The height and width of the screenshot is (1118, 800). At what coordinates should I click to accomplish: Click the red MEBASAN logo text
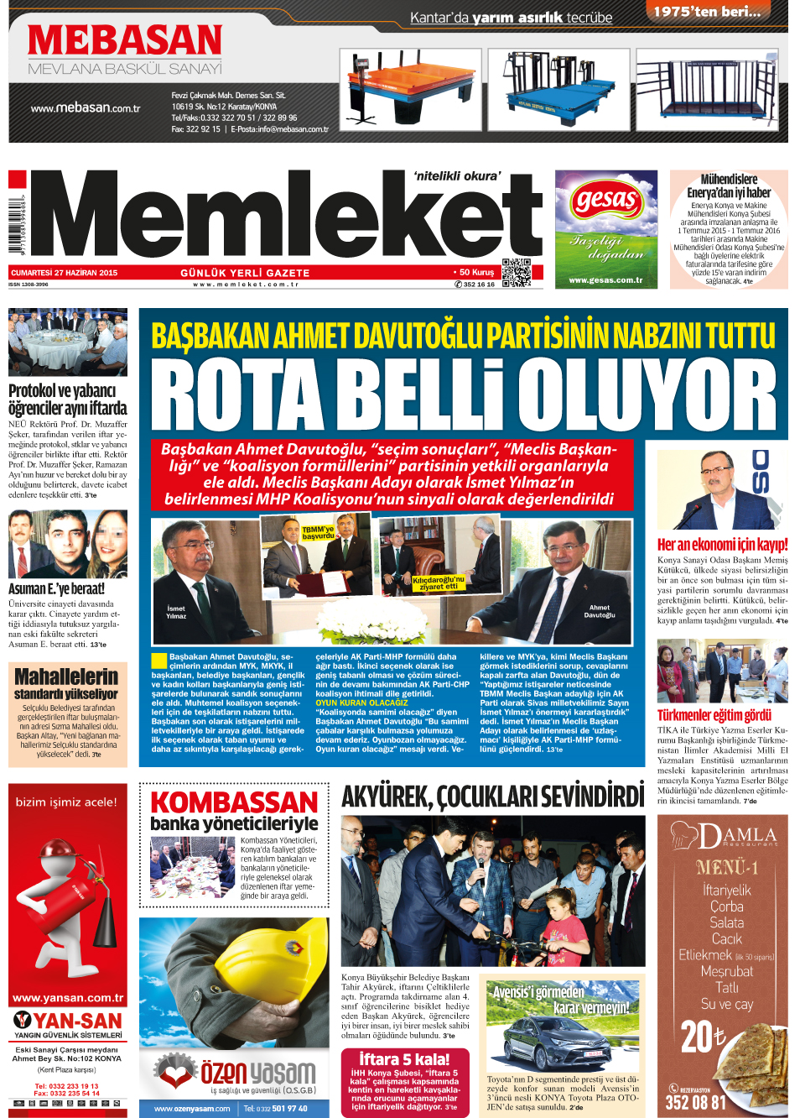pyautogui.click(x=125, y=40)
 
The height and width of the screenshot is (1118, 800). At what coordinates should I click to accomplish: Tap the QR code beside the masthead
pyautogui.click(x=517, y=273)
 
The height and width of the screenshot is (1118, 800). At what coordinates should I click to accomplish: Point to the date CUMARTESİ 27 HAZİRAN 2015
pyautogui.click(x=65, y=273)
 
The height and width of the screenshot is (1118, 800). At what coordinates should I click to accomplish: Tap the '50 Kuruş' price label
pyautogui.click(x=476, y=272)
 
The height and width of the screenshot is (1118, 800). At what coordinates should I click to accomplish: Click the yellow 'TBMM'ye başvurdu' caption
pyautogui.click(x=318, y=532)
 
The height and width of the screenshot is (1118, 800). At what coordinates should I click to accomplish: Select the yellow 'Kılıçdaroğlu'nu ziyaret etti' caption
pyautogui.click(x=439, y=583)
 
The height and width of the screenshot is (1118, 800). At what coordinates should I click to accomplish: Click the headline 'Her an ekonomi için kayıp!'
pyautogui.click(x=722, y=545)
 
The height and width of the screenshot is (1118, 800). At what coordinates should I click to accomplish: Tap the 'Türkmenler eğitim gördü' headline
pyautogui.click(x=714, y=715)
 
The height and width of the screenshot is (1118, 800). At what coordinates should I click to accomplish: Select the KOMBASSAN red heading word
pyautogui.click(x=234, y=802)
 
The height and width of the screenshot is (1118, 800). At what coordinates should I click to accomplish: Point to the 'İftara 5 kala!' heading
pyautogui.click(x=404, y=1059)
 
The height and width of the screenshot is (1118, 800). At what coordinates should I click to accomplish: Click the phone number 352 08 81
pyautogui.click(x=695, y=1102)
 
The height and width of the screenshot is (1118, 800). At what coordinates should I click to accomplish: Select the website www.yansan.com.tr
pyautogui.click(x=68, y=998)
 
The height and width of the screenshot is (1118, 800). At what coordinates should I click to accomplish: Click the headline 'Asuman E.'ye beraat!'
pyautogui.click(x=56, y=589)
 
